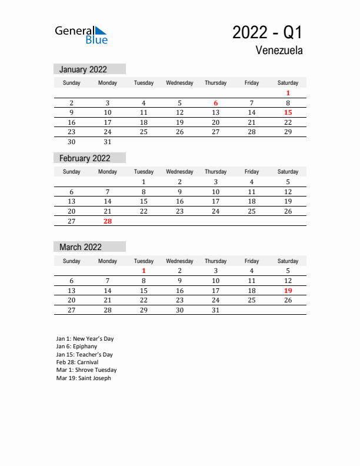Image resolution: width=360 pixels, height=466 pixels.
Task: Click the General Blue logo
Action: [81, 35]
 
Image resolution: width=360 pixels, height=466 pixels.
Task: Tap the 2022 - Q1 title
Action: [268, 32]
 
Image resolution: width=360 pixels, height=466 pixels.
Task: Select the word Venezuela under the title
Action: [279, 51]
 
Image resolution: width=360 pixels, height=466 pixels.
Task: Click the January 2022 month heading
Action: [83, 69]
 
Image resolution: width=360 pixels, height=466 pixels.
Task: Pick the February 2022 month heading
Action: [85, 158]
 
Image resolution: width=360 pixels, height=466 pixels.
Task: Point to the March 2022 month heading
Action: [81, 247]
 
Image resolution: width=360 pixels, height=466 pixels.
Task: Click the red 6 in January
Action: [216, 103]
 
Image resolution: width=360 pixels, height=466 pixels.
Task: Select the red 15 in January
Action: [288, 112]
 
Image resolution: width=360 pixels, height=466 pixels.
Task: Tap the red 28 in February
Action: [108, 221]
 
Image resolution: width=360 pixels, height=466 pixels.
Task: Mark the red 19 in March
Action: [288, 291]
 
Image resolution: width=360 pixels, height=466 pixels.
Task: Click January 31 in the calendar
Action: [108, 142]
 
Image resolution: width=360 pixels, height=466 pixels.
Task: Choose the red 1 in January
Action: [288, 93]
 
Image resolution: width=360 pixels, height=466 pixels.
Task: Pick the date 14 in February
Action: [108, 201]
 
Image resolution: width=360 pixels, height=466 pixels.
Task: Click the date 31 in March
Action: [216, 310]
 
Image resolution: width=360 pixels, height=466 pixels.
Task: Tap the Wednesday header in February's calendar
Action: [179, 172]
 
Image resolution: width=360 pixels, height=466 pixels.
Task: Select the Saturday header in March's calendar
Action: [288, 261]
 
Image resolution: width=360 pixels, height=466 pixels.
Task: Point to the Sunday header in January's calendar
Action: [72, 83]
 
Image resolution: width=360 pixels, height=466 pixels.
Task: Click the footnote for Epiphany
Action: [76, 347]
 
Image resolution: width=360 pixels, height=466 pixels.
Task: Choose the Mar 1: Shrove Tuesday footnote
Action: [86, 370]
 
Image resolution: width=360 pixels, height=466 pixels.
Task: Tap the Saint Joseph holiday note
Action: [84, 378]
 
